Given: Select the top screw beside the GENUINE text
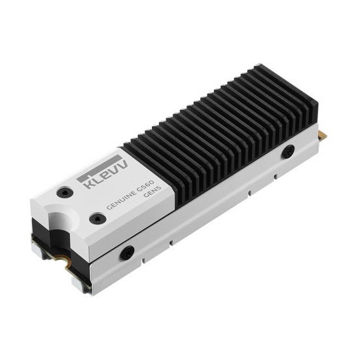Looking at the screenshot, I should tap(98, 217).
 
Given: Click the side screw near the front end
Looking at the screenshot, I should tap(128, 251).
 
